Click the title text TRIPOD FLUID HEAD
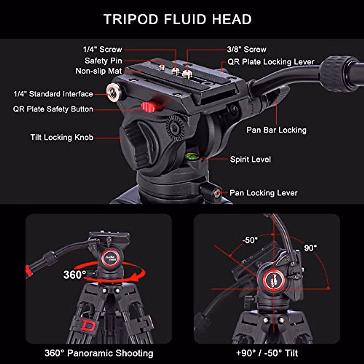pos(177,19)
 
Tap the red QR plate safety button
pos(150,106)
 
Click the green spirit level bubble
pos(192,157)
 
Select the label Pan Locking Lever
pos(263,193)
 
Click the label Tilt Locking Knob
pos(62,137)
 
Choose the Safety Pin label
pos(103,61)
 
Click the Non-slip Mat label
pos(99,71)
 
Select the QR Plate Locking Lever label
pos(271,62)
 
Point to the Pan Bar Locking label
pos(276,130)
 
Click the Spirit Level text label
pos(250,159)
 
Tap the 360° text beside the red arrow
pos(75,275)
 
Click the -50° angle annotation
pos(250,240)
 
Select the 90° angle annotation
pos(310,248)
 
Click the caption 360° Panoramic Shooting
pos(99,353)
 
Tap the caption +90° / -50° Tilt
pos(267,353)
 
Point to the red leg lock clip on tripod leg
pos(88,325)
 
